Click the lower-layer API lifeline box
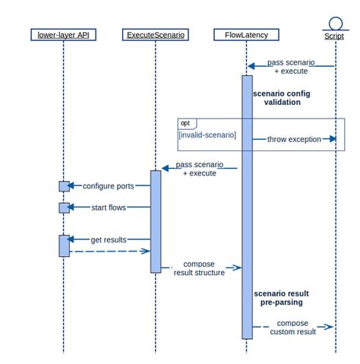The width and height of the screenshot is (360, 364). [x=63, y=35]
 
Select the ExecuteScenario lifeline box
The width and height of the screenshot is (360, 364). [x=155, y=35]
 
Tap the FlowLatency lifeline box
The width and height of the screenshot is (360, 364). [x=246, y=35]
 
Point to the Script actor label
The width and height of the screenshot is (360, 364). [x=334, y=36]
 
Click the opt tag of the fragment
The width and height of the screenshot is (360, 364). [x=185, y=123]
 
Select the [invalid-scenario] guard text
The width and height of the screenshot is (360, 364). [x=207, y=135]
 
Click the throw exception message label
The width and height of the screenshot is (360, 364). [x=294, y=140]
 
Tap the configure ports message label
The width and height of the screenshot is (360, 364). [x=109, y=185]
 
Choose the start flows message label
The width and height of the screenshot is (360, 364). [x=109, y=207]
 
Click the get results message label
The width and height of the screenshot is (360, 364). [x=109, y=239]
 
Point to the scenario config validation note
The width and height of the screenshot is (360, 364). [x=282, y=98]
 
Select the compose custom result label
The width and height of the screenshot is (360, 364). [x=292, y=328]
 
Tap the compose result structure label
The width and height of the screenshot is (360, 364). [x=199, y=268]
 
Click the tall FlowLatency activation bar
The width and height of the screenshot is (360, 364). [x=247, y=205]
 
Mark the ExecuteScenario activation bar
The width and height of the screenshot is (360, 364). [x=156, y=220]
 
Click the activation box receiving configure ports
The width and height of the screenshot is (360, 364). [x=64, y=186]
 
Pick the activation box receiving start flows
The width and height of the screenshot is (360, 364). [x=64, y=207]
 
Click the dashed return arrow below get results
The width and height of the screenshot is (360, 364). [x=110, y=251]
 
